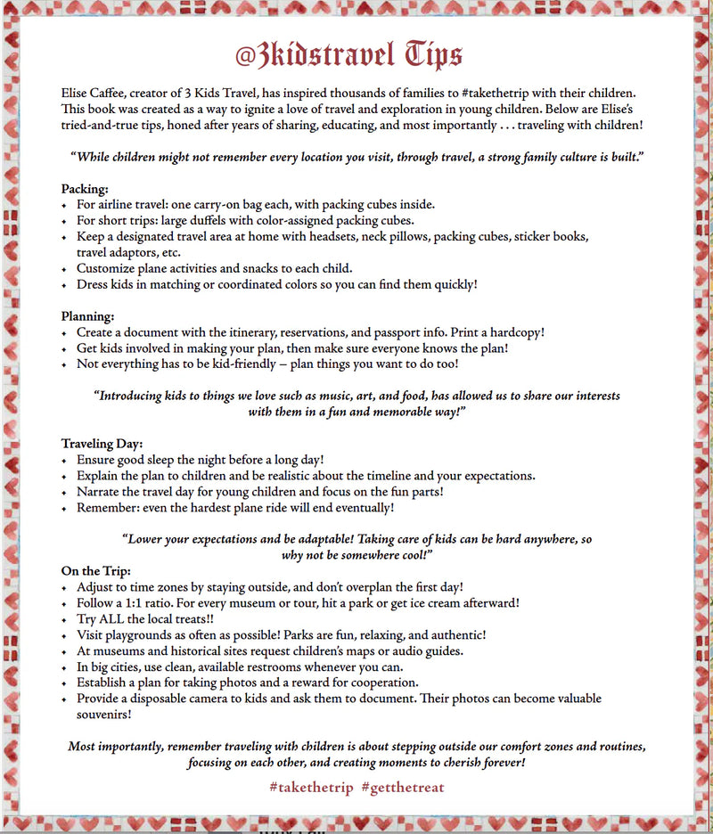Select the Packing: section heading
pyautogui.click(x=86, y=189)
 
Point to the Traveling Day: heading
pyautogui.click(x=102, y=443)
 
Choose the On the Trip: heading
pyautogui.click(x=96, y=570)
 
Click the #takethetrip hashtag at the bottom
pyautogui.click(x=311, y=787)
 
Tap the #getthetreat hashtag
pyautogui.click(x=403, y=787)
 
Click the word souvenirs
pyautogui.click(x=104, y=714)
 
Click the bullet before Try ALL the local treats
pyautogui.click(x=64, y=620)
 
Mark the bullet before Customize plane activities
pyautogui.click(x=64, y=268)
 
